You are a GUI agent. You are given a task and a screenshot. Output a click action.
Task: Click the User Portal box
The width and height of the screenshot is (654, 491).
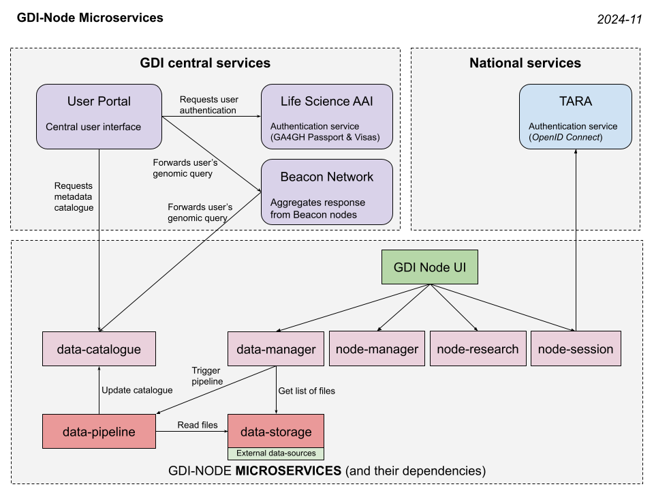point(99,117)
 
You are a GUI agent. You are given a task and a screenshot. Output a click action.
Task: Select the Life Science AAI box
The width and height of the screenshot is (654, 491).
point(327,117)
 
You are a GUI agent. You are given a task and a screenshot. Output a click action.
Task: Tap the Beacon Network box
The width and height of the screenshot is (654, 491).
point(327,192)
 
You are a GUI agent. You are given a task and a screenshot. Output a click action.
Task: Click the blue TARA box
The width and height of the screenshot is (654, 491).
point(576,117)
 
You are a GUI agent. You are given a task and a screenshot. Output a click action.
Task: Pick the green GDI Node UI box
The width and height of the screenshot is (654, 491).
point(429,267)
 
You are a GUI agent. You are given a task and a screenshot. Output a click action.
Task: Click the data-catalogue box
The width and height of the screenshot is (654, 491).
point(99,349)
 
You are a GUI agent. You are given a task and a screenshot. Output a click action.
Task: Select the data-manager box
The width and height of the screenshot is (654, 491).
point(276,349)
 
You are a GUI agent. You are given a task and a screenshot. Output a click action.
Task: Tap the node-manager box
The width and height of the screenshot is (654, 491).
point(377,349)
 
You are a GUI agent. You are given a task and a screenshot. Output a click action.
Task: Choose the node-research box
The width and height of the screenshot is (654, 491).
point(478,349)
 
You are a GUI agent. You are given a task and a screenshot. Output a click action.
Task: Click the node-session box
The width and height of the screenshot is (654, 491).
point(576,349)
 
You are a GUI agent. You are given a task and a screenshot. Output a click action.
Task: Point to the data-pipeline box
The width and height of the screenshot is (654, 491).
point(99,432)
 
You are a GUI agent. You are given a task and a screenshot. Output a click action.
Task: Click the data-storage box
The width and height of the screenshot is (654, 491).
point(276,431)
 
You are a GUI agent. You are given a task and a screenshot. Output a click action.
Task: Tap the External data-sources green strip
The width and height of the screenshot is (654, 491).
point(276,453)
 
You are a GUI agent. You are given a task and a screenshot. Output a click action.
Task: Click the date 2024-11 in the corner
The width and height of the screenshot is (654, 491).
point(619,20)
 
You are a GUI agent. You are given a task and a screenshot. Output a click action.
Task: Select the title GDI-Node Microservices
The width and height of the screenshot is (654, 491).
point(90,18)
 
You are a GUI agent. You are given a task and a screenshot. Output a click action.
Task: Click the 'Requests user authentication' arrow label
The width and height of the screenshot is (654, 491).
point(208,104)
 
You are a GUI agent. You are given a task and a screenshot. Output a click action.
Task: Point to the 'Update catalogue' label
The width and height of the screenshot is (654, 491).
point(137,391)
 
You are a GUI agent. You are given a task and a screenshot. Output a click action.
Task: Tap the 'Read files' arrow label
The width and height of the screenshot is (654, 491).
point(198,425)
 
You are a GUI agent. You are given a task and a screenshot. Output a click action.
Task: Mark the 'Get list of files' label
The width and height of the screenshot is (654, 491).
point(307,391)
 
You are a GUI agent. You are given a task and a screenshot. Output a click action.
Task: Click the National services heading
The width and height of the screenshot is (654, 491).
point(525,63)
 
